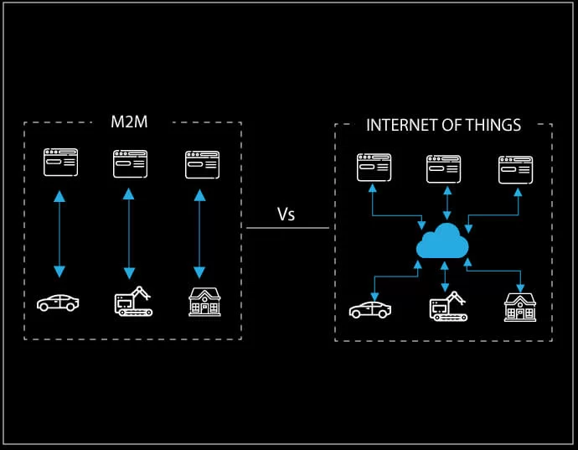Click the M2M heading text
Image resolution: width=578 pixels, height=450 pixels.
129,122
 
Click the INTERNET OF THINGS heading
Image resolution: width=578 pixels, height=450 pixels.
443,125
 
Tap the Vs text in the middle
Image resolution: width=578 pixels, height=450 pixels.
286,215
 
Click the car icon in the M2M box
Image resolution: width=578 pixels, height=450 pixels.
58,303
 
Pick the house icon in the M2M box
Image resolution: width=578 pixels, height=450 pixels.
204,302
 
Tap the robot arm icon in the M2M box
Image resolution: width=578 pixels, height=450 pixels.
132,302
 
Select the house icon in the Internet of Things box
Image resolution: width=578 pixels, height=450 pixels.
519,307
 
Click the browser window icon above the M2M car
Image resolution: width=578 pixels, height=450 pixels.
60,163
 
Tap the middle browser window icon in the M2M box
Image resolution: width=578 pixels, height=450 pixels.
130,164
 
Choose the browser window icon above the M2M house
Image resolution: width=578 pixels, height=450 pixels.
202,164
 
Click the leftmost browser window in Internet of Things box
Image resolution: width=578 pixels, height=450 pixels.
374,168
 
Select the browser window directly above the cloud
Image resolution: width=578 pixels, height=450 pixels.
443,168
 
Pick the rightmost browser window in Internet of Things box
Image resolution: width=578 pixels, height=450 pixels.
515,169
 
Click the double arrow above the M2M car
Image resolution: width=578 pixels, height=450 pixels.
59,234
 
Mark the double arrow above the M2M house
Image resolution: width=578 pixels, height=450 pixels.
199,234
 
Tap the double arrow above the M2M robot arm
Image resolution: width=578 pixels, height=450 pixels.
128,234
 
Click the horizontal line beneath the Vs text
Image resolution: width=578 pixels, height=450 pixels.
287,228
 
